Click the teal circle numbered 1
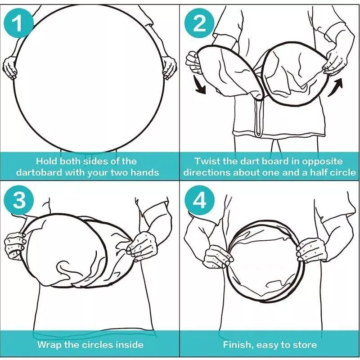[x=19, y=23]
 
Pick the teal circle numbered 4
[x=200, y=200]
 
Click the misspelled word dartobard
[x=39, y=172]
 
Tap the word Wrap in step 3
[x=49, y=345]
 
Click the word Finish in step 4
[x=238, y=345]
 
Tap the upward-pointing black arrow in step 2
[x=335, y=87]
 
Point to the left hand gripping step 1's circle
[x=9, y=68]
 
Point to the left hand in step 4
[x=219, y=256]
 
